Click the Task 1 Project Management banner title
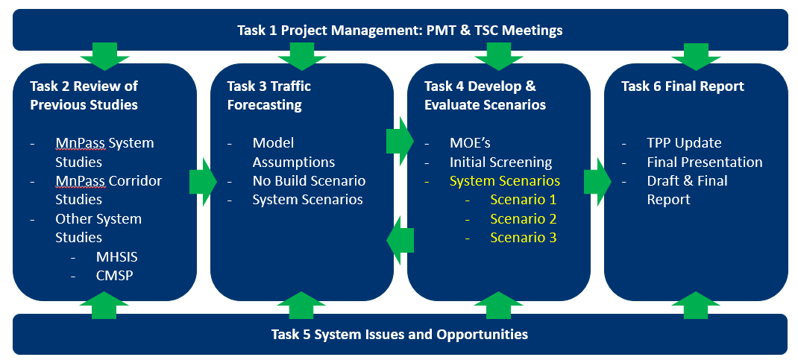(x=400, y=30)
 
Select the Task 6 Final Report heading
(x=682, y=86)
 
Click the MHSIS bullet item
(x=116, y=257)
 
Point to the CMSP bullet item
(x=115, y=276)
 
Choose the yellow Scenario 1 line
(x=524, y=199)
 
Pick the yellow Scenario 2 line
(x=524, y=218)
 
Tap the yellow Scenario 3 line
(x=524, y=238)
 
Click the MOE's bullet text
(x=470, y=143)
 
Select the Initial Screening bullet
(x=500, y=162)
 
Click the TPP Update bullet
(x=684, y=143)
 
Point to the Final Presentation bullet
(x=704, y=162)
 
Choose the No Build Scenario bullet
(x=309, y=180)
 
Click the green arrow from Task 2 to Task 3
(x=203, y=182)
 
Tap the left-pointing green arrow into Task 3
(x=400, y=240)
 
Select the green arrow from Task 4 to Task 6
(x=597, y=182)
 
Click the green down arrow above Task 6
(x=696, y=57)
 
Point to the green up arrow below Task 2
(x=104, y=305)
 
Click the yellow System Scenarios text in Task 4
(x=505, y=180)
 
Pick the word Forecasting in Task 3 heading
(x=264, y=105)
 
